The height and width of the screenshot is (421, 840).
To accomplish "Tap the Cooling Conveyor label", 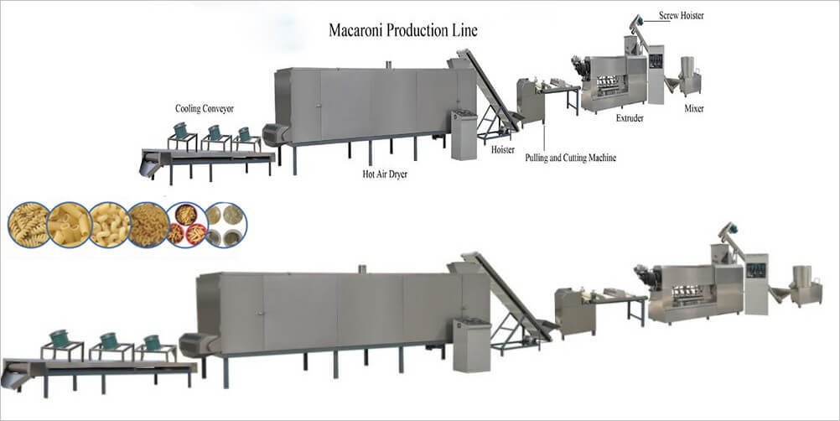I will [205, 109].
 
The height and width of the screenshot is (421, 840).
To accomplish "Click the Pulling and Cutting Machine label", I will [570, 157].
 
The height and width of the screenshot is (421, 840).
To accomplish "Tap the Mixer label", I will [693, 108].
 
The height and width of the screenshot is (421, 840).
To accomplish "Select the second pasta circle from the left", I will [68, 225].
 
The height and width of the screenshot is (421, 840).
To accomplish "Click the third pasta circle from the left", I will [109, 225].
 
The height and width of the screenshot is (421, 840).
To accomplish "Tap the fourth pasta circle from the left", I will [148, 225].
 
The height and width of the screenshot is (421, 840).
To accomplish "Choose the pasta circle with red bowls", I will [186, 225].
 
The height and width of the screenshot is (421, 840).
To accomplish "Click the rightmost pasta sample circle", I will [226, 225].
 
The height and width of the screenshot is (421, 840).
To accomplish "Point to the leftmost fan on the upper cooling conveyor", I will [180, 132].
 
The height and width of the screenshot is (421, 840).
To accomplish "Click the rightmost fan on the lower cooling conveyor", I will [152, 342].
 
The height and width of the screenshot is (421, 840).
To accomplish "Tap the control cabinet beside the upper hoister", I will [464, 134].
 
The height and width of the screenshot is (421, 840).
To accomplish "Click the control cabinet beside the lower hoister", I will [471, 344].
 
